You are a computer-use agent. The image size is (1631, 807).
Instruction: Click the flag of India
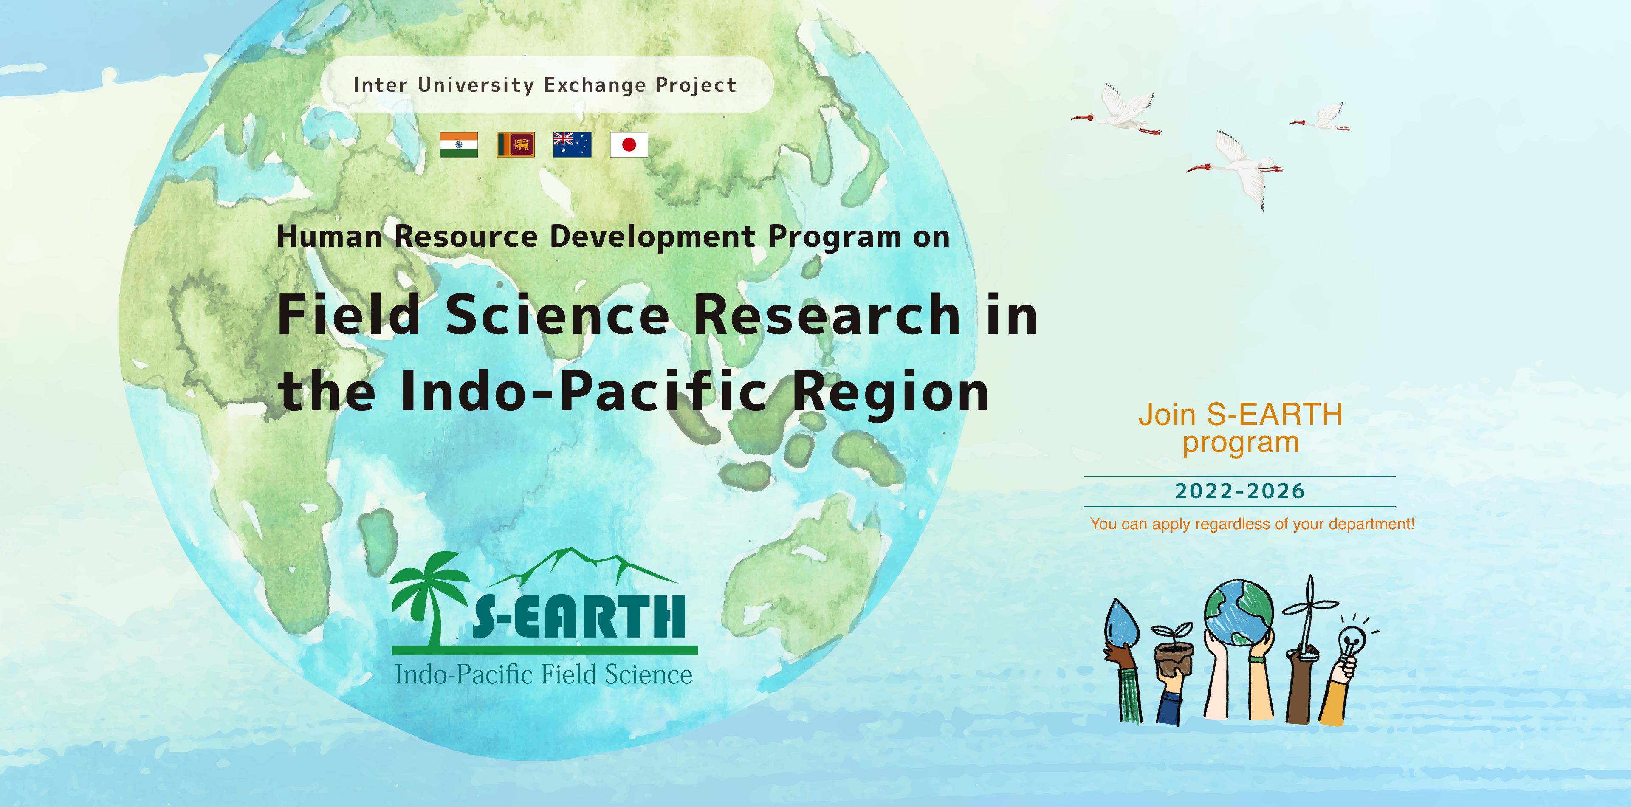tap(458, 144)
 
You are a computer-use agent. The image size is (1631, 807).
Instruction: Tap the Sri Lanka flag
tap(515, 144)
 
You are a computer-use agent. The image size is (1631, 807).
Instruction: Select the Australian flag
tap(572, 144)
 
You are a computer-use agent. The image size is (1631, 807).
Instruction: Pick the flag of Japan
tap(629, 144)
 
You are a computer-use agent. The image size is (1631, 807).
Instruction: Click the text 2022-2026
tap(1240, 491)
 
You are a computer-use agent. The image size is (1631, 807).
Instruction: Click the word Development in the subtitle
tap(652, 236)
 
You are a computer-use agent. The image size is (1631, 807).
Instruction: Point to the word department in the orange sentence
tap(1371, 525)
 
